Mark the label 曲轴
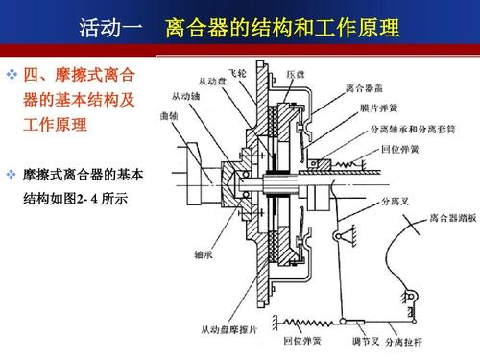click(x=170, y=115)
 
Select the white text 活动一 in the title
click(x=110, y=27)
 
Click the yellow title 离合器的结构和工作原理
click(x=282, y=27)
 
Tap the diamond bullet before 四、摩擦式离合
click(x=12, y=74)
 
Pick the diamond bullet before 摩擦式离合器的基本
click(x=12, y=174)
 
